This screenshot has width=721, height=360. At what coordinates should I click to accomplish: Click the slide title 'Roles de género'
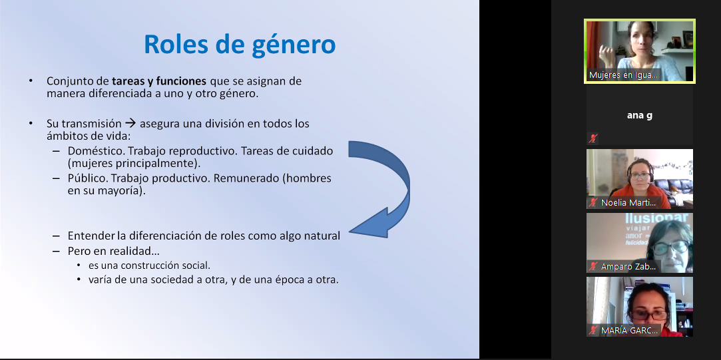coord(240,45)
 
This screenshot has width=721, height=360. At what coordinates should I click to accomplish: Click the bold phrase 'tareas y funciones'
coord(158,81)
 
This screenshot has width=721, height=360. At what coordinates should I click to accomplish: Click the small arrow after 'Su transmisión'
coord(130,124)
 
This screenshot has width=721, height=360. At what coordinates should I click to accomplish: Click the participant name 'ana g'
coord(640,115)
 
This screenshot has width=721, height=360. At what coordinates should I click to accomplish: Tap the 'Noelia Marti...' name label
coord(628,202)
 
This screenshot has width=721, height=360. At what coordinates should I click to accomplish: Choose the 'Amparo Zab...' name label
coord(628,266)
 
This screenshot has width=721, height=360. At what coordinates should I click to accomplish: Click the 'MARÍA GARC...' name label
coord(630,330)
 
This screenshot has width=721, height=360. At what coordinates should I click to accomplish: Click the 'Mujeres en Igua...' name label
coord(624,75)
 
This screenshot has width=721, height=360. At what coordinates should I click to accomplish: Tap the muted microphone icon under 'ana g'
coord(593,138)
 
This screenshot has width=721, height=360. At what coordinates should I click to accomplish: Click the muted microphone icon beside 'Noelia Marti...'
coord(593,202)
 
